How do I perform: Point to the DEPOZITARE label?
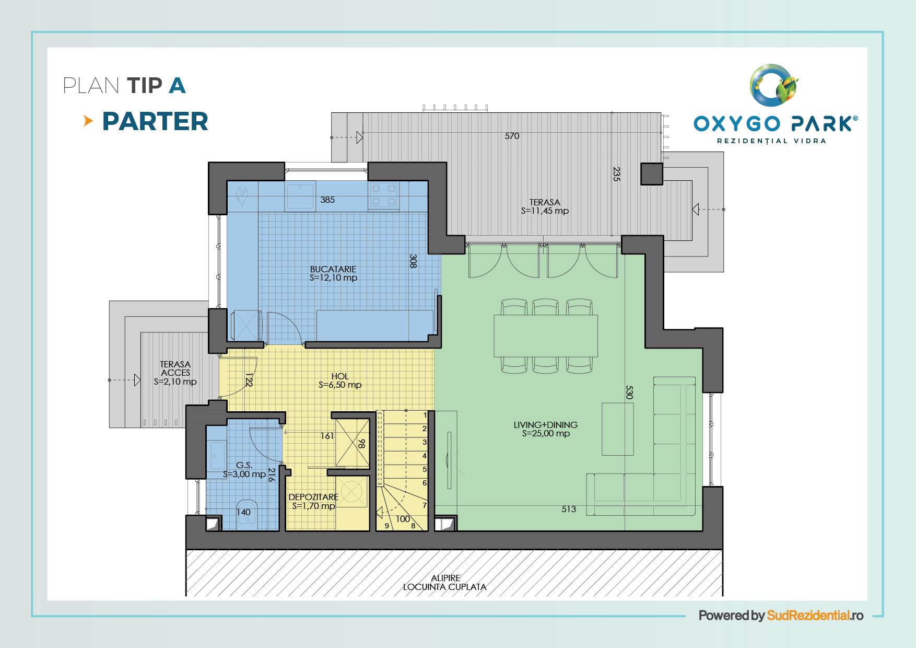coord(313,497)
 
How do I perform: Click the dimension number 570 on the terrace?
coord(512,136)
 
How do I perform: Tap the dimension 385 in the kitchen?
coord(327,200)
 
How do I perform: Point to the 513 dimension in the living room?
coord(569,509)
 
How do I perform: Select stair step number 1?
coord(425,415)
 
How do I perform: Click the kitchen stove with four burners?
coord(384,195)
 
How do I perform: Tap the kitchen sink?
coord(300,195)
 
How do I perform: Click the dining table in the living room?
coord(546,335)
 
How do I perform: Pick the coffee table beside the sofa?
coord(618,429)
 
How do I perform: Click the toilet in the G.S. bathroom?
coord(246,515)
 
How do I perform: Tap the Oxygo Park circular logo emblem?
coord(774,85)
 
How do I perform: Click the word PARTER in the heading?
coord(155,121)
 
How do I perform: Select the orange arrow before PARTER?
coord(88,121)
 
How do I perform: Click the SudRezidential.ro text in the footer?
coord(815,616)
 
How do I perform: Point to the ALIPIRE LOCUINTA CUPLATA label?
coord(445,583)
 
